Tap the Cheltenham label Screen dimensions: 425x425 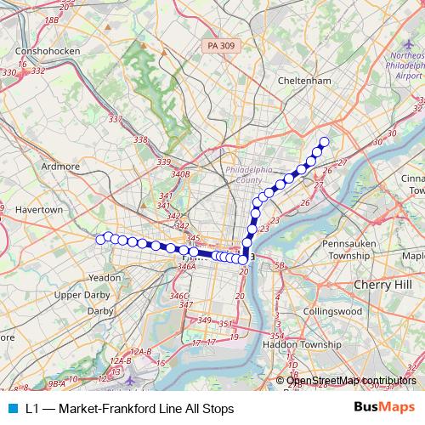[303, 81]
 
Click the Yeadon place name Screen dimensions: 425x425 [105, 277]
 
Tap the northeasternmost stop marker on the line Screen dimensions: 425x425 [323, 142]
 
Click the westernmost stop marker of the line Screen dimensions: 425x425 [100, 240]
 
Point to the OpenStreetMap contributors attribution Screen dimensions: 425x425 [352, 381]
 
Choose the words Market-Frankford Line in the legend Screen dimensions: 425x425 [127, 408]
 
